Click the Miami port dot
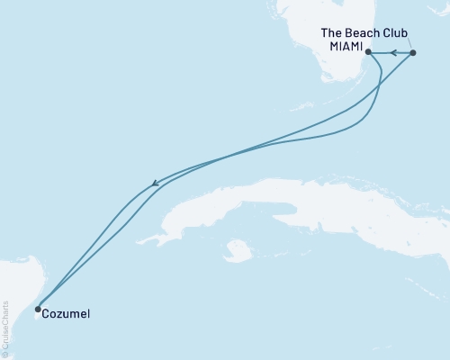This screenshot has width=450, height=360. pos(369,53)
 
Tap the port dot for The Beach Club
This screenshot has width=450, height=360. pos(413,53)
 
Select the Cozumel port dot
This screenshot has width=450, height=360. pos(37,309)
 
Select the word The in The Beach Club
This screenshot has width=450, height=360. pos(332,32)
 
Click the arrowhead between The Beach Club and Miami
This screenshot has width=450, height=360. pos(393,53)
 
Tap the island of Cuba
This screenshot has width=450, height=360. pos(270,202)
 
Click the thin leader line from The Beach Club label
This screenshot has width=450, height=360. pos(408,43)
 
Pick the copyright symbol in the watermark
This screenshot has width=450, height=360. pos(5,355)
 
